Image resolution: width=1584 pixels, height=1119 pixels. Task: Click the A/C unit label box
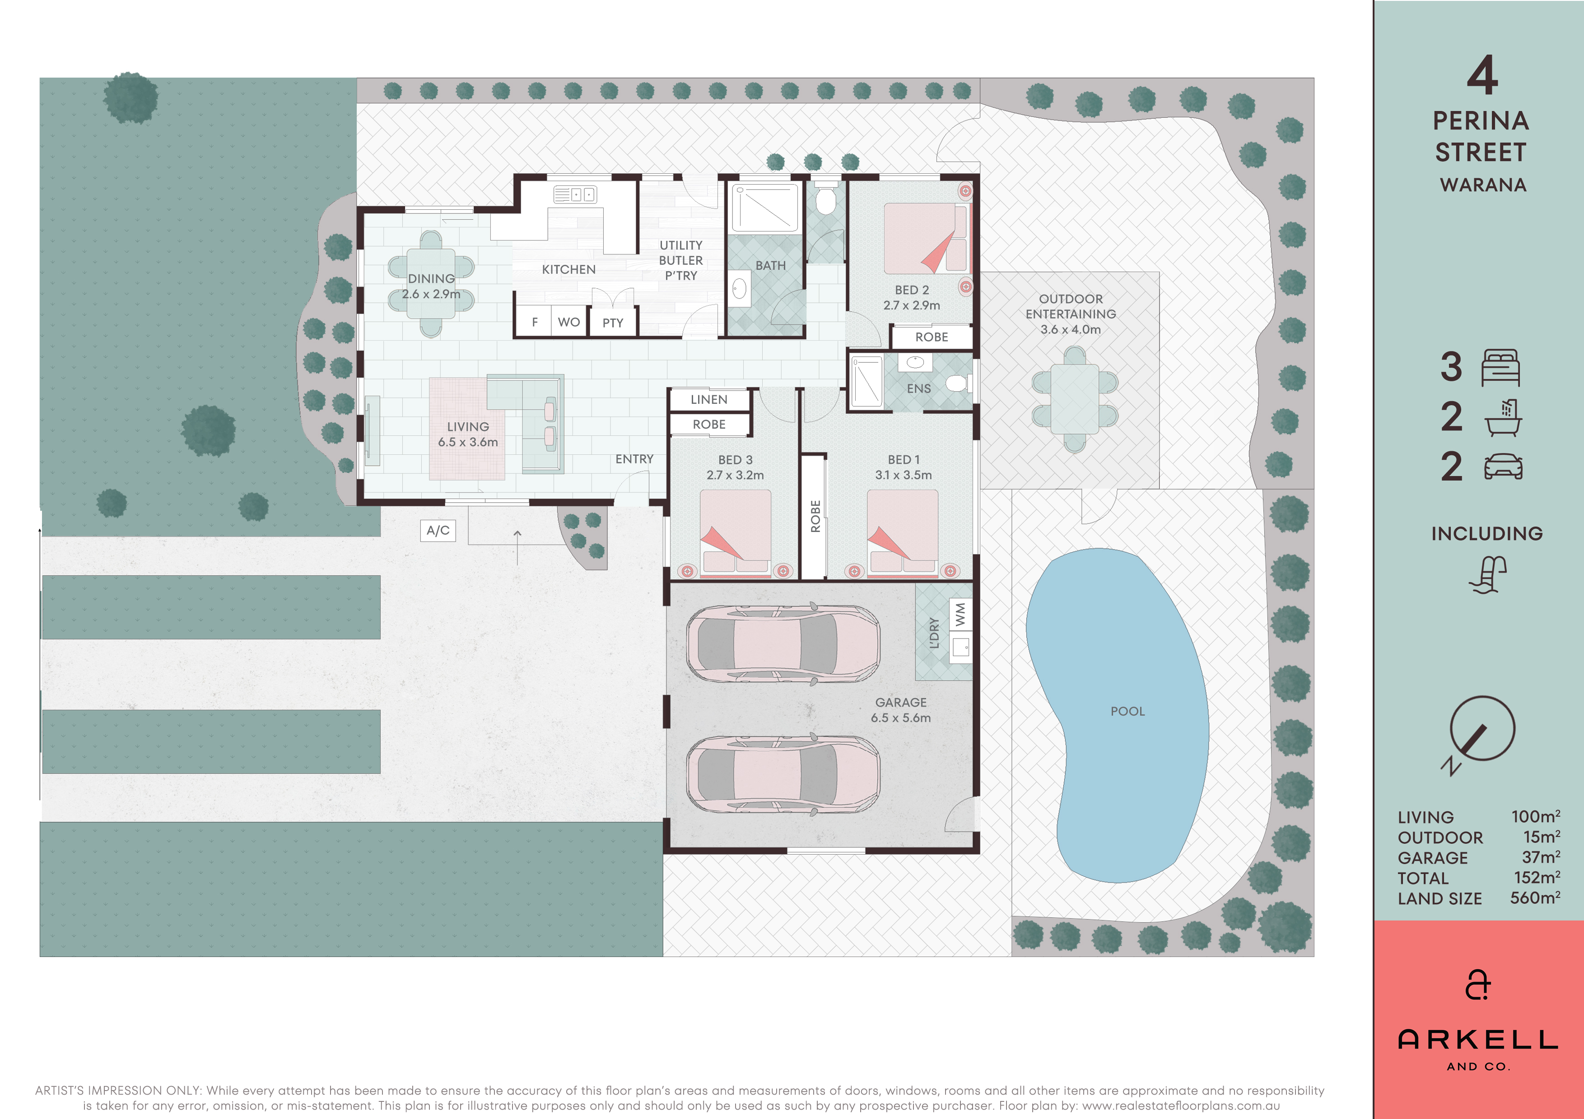point(438,530)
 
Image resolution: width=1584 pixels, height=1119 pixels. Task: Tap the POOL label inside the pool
point(1127,711)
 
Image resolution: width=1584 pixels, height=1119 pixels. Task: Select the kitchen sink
point(575,194)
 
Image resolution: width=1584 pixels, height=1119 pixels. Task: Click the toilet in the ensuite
point(958,383)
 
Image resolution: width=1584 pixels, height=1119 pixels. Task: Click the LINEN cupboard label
point(708,399)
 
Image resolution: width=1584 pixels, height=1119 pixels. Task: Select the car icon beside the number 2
point(1503,467)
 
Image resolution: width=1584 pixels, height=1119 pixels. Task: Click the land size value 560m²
point(1535,898)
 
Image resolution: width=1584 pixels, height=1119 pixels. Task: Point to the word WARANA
point(1482,185)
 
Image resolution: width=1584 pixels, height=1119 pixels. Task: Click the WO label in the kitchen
point(568,322)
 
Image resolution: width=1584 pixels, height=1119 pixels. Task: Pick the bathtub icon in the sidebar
point(1503,417)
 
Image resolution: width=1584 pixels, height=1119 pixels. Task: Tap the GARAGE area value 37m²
point(1541,857)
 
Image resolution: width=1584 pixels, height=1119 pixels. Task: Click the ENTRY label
point(634,458)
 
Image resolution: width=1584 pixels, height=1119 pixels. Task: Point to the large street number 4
point(1482,75)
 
